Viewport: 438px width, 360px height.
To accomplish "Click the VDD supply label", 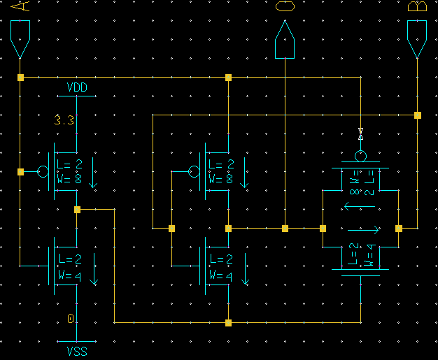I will [77, 87].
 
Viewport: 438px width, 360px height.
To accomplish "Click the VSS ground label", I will [77, 351].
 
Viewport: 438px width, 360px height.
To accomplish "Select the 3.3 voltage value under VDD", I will [64, 120].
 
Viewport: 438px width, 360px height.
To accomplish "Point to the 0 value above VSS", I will [71, 319].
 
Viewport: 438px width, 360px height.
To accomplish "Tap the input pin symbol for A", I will [21, 38].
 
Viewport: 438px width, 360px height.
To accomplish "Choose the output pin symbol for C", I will [285, 41].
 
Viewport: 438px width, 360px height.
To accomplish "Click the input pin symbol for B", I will [417, 38].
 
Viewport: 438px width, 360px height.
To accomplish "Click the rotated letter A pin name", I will [21, 7].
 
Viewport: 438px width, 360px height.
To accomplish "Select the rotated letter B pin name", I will [417, 7].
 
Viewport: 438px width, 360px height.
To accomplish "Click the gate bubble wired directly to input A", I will [43, 171].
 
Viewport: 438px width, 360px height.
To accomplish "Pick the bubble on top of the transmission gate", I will [360, 155].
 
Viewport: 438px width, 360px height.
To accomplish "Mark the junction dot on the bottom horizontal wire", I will [228, 323].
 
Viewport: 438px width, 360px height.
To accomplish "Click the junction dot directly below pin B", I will [417, 115].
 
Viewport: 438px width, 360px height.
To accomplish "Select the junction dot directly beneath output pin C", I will [285, 228].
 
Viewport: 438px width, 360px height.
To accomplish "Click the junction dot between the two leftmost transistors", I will [77, 209].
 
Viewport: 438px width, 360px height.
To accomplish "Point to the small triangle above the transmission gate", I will [360, 131].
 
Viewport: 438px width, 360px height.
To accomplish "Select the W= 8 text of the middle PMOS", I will [221, 178].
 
